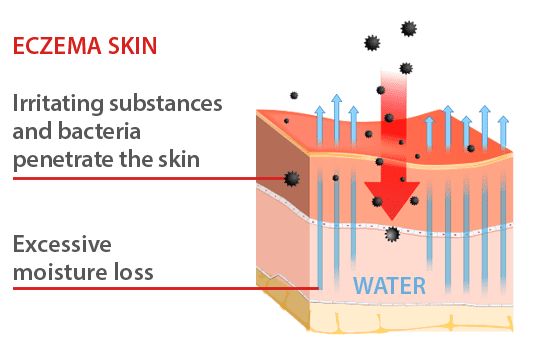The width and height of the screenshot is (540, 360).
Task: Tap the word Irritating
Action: (59, 104)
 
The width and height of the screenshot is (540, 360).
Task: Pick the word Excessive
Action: (61, 245)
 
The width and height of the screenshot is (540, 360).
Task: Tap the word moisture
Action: (57, 271)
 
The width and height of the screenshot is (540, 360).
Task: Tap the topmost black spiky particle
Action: (408, 29)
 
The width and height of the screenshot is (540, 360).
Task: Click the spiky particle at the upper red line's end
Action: (292, 178)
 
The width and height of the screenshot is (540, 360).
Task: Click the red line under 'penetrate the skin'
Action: (150, 178)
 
